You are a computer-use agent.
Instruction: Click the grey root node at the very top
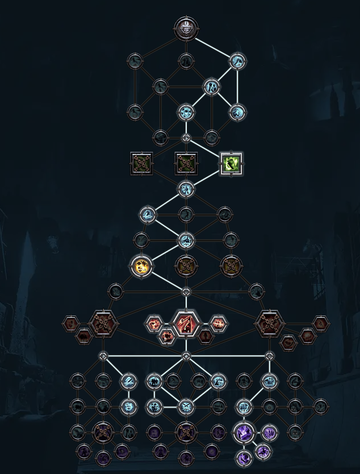coord(186,28)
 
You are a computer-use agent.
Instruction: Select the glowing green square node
coord(231,164)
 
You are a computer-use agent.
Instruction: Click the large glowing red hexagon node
coord(186,324)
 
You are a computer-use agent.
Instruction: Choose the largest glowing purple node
coord(244,433)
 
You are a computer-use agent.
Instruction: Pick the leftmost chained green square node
coord(141,164)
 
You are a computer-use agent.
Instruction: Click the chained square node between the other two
coord(186,164)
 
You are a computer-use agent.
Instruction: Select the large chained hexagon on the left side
coord(103,324)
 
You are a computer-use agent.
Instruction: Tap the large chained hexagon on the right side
coord(269,324)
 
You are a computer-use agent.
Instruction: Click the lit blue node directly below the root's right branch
coord(237,61)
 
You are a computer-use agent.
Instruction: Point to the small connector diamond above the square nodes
coord(186,138)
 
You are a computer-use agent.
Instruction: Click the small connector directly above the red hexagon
coord(186,292)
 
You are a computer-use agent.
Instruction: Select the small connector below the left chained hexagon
coord(103,356)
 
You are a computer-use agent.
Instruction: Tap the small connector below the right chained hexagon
coord(269,356)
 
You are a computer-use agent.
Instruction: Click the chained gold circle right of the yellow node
coord(186,265)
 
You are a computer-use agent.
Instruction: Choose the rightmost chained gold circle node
coord(231,265)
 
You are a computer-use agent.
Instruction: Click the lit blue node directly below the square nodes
coord(186,189)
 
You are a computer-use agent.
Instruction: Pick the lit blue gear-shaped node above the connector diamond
coord(186,112)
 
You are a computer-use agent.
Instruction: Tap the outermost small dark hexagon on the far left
coord(70,323)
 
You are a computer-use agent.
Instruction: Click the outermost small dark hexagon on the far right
coord(321,323)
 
